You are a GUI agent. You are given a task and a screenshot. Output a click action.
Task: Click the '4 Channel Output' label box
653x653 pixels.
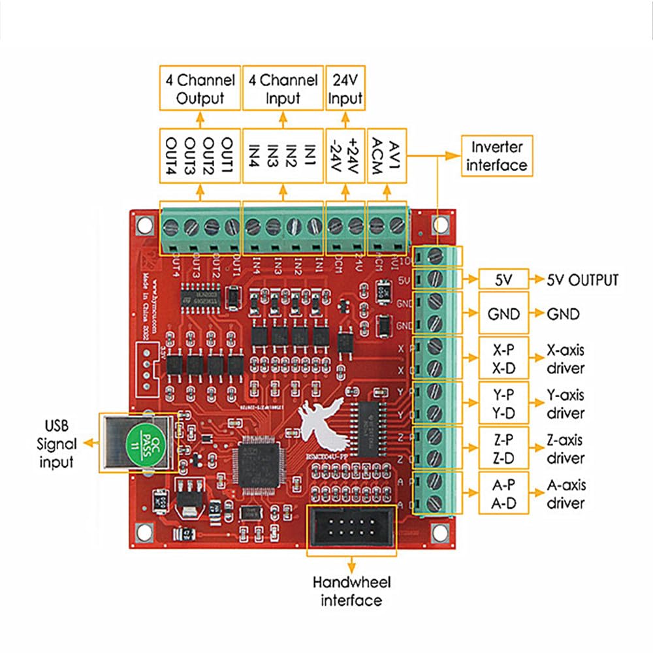200,89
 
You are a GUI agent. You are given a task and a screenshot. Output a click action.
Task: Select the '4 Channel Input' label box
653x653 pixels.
283,89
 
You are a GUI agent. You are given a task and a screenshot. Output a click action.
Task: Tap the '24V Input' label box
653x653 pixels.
345,89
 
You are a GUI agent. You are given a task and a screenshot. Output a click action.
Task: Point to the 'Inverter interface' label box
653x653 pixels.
497,155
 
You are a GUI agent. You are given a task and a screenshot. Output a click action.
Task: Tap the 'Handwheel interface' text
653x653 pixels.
351,591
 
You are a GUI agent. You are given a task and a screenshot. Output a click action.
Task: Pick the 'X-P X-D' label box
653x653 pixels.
503,358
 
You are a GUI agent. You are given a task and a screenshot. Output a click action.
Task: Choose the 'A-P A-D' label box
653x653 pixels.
503,494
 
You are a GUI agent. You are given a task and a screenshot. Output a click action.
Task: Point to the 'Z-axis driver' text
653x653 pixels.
565,449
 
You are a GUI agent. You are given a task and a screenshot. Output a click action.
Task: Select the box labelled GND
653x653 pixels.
503,314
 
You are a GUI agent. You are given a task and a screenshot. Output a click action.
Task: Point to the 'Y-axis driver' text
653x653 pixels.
565,404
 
